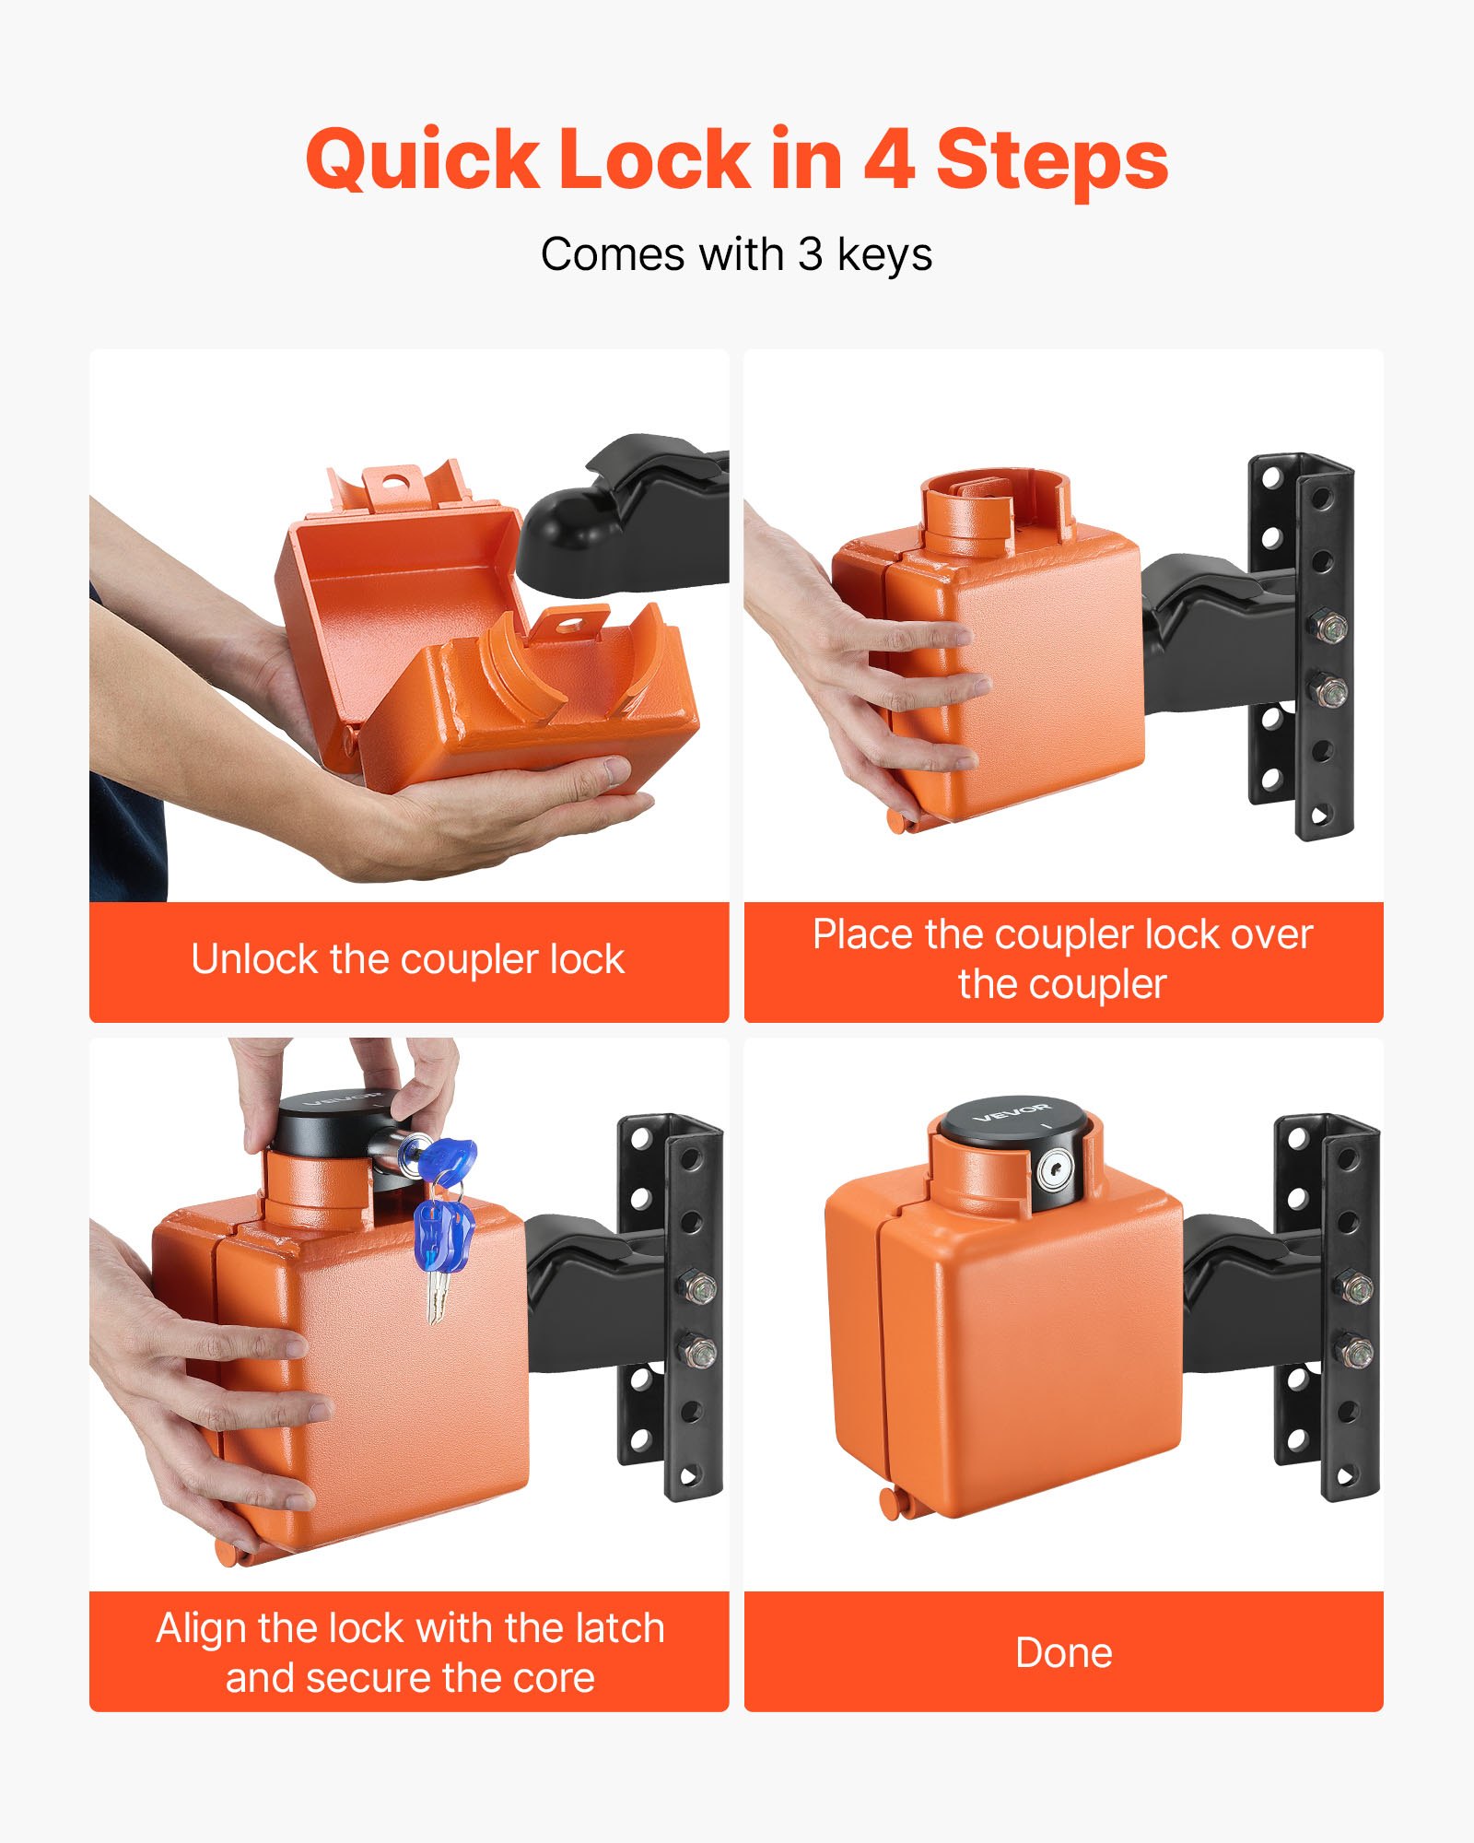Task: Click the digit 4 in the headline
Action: click(889, 158)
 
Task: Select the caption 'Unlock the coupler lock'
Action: click(408, 959)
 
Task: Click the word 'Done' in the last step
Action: click(1063, 1652)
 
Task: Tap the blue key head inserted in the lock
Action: click(448, 1159)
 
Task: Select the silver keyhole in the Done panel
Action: click(1054, 1172)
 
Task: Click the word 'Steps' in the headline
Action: click(1052, 161)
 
